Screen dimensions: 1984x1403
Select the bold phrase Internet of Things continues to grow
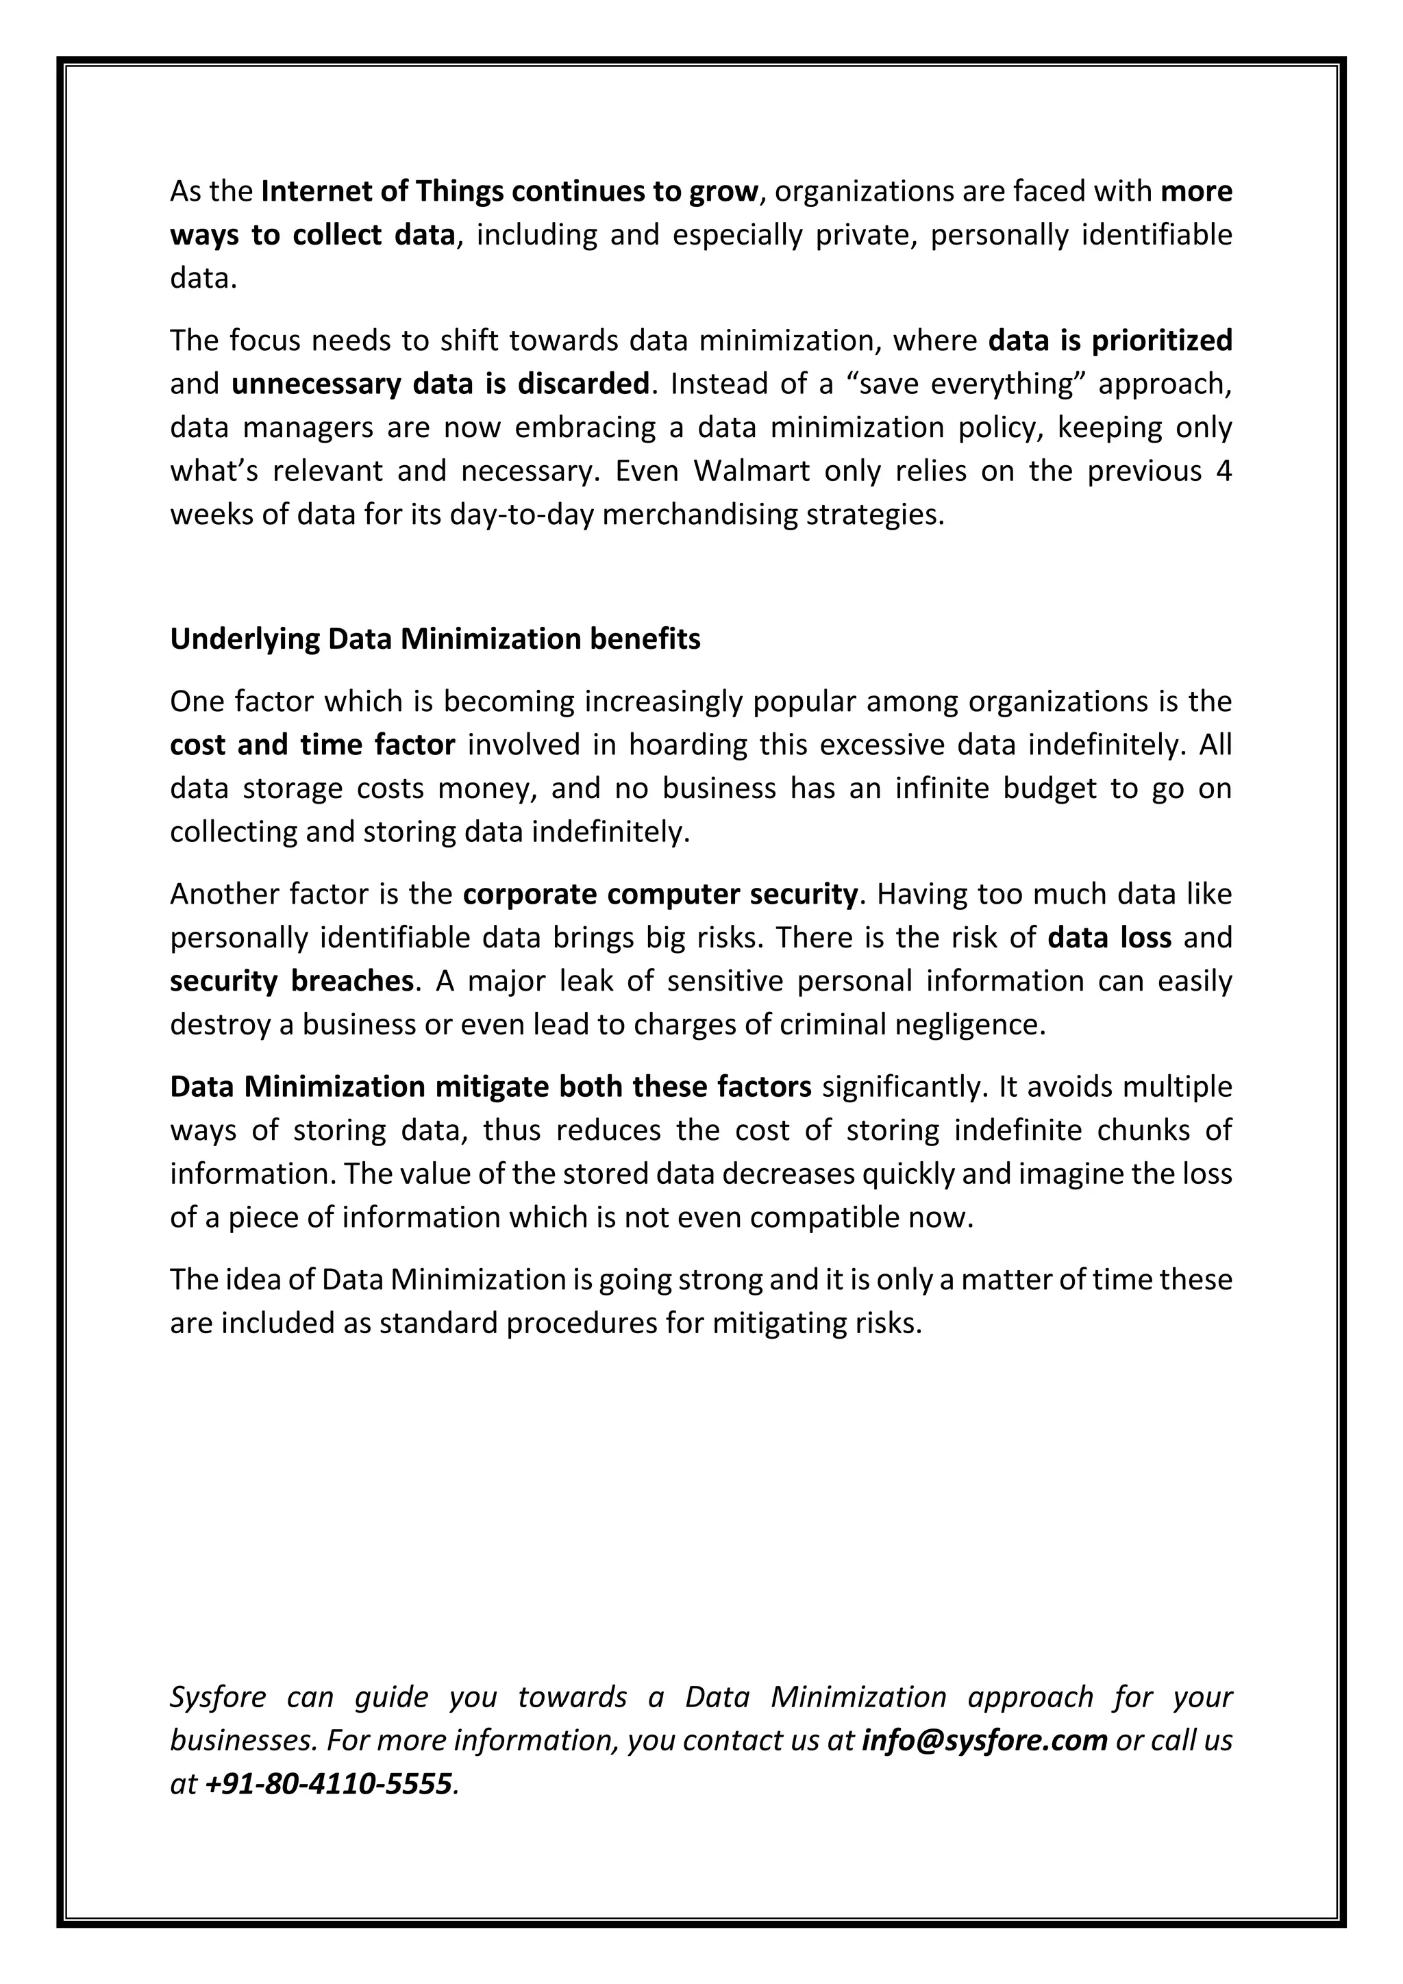(x=509, y=191)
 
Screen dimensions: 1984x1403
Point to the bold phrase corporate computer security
(x=660, y=894)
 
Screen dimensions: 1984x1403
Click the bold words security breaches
(x=291, y=982)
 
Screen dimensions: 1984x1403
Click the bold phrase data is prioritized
(x=1109, y=341)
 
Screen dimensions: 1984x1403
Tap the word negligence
(x=976, y=1025)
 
